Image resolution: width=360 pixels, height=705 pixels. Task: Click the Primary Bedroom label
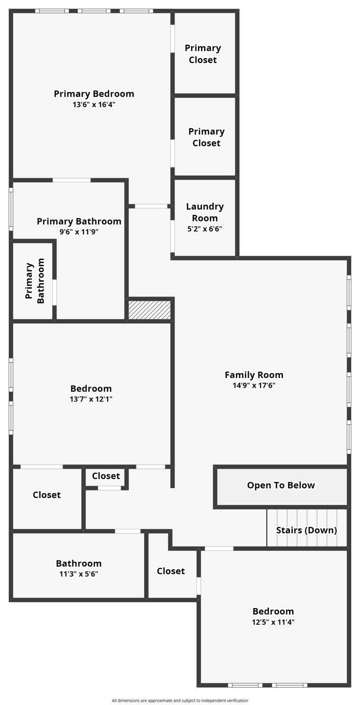pyautogui.click(x=94, y=94)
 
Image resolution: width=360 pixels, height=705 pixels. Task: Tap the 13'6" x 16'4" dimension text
pyautogui.click(x=94, y=105)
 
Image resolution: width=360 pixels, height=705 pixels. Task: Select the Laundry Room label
pyautogui.click(x=205, y=212)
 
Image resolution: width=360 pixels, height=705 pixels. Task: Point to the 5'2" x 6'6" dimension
pyautogui.click(x=205, y=229)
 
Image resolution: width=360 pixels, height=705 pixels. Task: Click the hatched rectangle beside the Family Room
pyautogui.click(x=149, y=310)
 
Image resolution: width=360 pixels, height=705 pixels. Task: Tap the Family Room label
pyautogui.click(x=254, y=375)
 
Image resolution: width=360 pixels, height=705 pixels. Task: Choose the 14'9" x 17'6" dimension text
pyautogui.click(x=254, y=386)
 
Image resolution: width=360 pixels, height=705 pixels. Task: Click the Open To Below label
pyautogui.click(x=281, y=485)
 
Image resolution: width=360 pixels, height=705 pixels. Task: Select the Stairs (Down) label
pyautogui.click(x=306, y=530)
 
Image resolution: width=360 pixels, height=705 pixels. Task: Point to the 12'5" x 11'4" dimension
pyautogui.click(x=273, y=622)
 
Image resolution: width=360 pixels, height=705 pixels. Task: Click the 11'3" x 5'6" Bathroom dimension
pyautogui.click(x=79, y=574)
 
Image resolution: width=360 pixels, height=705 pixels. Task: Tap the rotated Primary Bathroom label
pyautogui.click(x=35, y=281)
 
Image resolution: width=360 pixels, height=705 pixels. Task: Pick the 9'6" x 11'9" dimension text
pyautogui.click(x=79, y=232)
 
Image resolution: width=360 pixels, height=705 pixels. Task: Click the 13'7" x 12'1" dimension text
pyautogui.click(x=91, y=399)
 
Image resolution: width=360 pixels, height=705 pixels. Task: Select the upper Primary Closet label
pyautogui.click(x=203, y=54)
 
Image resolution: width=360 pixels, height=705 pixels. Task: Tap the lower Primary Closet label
pyautogui.click(x=206, y=137)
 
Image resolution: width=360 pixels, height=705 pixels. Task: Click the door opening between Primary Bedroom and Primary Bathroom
pyautogui.click(x=72, y=180)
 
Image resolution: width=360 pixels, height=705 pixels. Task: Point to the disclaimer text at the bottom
pyautogui.click(x=180, y=700)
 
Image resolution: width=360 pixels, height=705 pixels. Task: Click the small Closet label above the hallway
pyautogui.click(x=106, y=476)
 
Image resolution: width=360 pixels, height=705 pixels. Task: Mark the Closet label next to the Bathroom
pyautogui.click(x=171, y=571)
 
